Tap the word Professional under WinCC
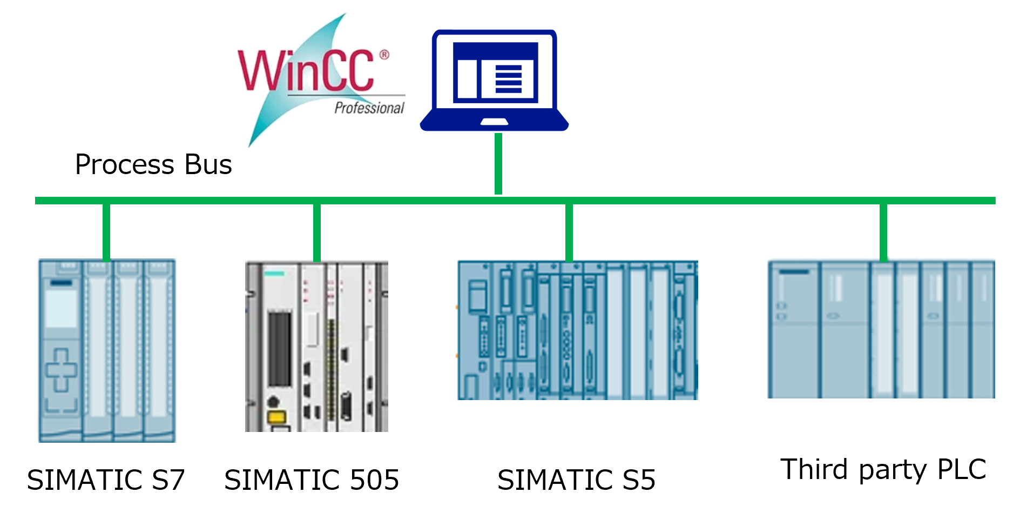369,108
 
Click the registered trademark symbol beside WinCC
383,55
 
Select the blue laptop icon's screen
495,72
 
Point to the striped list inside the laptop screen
508,79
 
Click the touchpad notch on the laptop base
494,122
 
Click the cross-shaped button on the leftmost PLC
60,370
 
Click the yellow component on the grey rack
276,417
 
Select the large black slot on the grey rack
280,348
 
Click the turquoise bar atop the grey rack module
274,273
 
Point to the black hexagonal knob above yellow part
274,402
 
